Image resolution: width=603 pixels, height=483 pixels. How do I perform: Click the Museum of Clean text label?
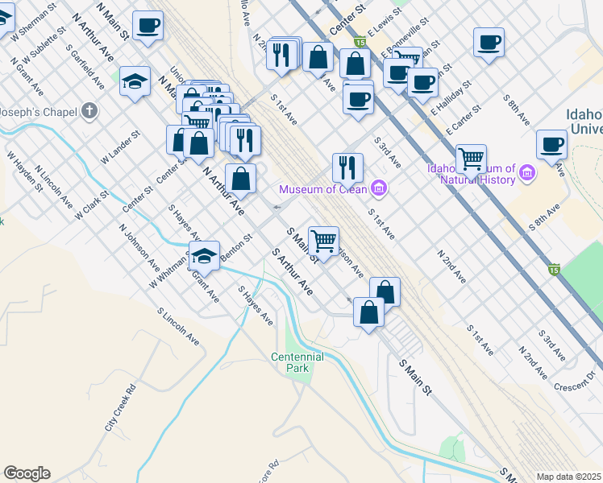[x=322, y=190]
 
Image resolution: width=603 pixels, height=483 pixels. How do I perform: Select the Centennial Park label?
[x=297, y=362]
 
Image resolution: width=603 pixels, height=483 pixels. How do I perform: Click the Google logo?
[x=26, y=473]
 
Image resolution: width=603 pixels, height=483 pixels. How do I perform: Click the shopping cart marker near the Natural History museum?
[x=471, y=158]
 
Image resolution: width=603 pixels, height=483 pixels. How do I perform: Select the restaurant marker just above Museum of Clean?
[x=347, y=167]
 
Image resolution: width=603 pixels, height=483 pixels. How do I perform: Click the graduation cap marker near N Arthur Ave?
[x=135, y=81]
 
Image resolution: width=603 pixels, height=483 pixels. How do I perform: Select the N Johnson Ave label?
[x=139, y=245]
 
